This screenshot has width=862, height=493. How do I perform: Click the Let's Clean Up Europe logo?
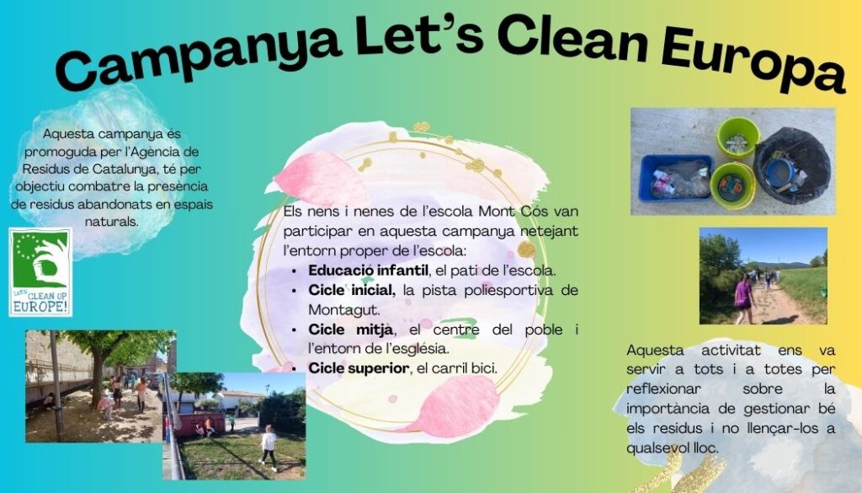pos(40,272)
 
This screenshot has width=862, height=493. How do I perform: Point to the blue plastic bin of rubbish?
pos(676,178)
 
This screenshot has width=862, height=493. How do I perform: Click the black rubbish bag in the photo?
pos(791,166)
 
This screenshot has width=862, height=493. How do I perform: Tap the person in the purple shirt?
pos(743,299)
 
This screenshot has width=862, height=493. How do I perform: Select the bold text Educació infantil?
pos(368,271)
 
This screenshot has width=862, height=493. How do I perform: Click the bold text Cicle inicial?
pos(351,290)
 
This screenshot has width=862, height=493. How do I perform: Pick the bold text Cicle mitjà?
pos(351,330)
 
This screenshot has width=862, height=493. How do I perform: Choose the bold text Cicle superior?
pos(359,368)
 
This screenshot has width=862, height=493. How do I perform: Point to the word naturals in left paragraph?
pos(112,222)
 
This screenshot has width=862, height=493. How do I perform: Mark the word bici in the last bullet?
pos(483,368)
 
